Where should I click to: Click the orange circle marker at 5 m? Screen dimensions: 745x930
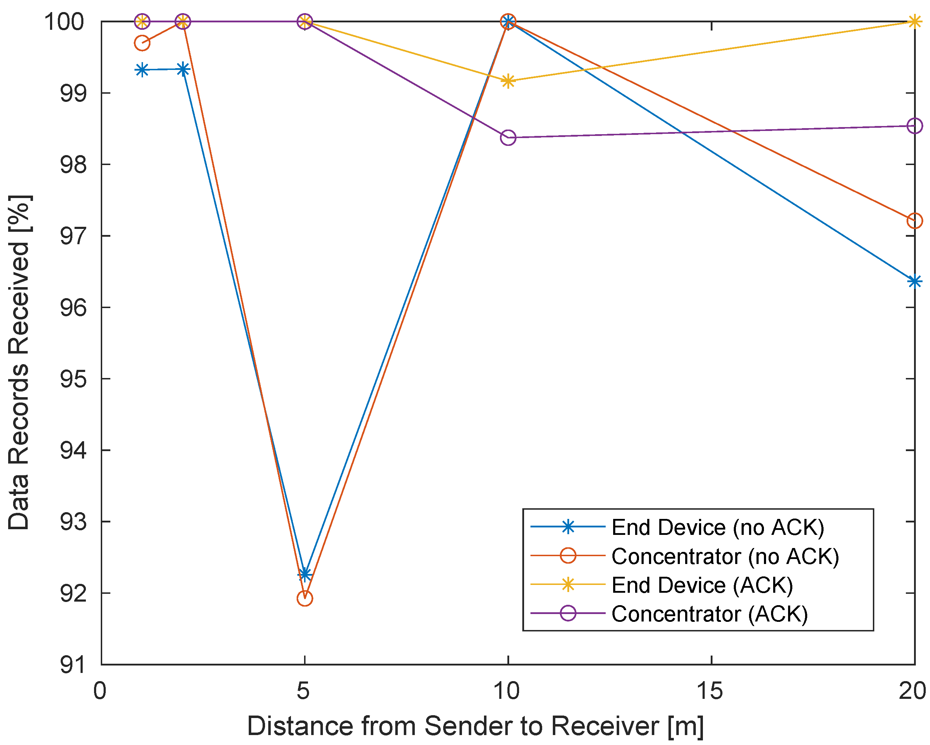304,598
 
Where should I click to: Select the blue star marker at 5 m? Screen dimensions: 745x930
305,574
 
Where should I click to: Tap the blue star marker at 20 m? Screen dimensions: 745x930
914,281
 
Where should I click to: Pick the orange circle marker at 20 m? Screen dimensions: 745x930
914,221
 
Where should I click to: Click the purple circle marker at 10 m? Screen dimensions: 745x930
508,138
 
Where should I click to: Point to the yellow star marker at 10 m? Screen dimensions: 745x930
508,81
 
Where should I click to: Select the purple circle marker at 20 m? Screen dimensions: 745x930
914,126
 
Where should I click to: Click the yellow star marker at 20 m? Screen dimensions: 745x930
914,21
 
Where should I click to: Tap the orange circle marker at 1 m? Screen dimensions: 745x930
142,43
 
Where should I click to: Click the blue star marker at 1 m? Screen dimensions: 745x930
142,70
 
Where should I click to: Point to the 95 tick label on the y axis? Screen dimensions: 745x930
72,379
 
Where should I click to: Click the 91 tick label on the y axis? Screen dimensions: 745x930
72,665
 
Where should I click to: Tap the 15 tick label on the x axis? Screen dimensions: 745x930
710,691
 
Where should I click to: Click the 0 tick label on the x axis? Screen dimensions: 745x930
100,691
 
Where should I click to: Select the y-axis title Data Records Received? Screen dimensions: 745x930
20,362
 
